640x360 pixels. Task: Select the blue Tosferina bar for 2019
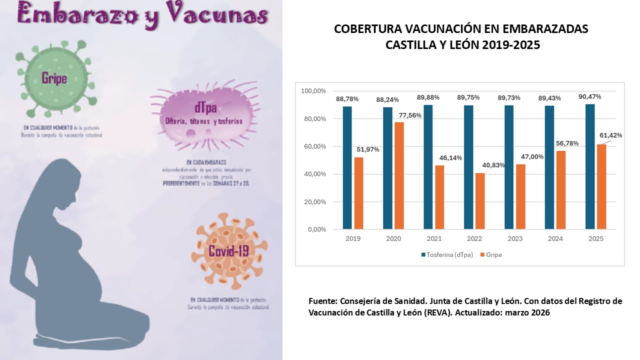point(347,167)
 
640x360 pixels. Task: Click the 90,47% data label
point(589,96)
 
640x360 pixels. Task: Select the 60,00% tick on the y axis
point(313,146)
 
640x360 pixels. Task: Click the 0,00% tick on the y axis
point(315,229)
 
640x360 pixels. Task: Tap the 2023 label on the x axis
point(515,238)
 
